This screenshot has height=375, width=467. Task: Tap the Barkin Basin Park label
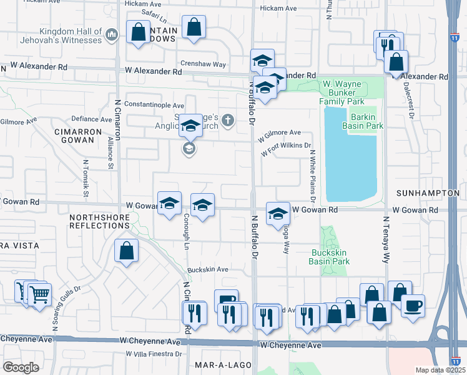(x=358, y=121)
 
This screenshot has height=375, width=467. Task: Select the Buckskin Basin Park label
(x=330, y=257)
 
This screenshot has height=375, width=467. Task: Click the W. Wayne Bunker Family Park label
(x=343, y=92)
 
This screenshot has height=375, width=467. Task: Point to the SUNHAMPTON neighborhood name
(x=431, y=194)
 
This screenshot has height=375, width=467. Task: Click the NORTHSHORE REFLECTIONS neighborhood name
(x=100, y=221)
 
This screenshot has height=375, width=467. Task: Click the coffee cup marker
(x=413, y=306)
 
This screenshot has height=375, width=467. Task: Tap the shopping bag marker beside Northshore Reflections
(x=127, y=251)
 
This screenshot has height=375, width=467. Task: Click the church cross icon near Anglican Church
(x=228, y=120)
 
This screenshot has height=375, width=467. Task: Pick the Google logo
(x=21, y=367)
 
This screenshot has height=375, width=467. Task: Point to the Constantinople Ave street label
(x=154, y=105)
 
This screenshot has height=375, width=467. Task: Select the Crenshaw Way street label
(x=203, y=64)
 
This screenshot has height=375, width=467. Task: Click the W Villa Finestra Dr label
(x=153, y=354)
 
